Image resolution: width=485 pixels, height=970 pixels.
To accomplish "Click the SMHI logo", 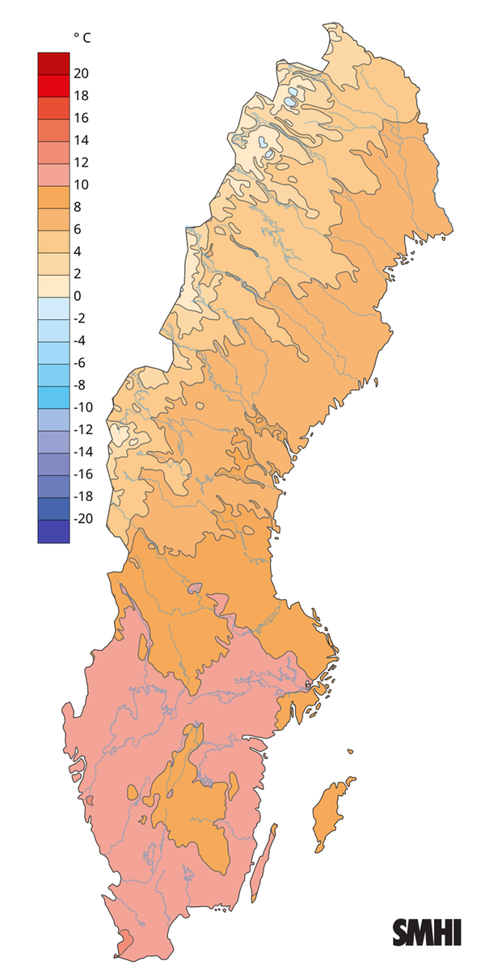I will coord(427,932).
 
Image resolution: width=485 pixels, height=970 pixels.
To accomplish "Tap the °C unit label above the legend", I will coord(82,37).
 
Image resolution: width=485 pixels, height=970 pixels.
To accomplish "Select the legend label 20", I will coord(81,74).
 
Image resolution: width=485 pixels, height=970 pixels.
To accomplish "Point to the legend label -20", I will coord(83,519).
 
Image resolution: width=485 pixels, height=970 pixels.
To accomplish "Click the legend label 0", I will coord(78,296).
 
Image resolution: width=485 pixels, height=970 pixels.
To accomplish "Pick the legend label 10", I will coord(81,184).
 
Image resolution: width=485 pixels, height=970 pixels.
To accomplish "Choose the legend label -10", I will coord(83,407).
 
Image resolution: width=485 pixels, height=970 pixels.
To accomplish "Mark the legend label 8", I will coord(78,207).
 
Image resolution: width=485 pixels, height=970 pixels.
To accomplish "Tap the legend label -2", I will coord(80,318).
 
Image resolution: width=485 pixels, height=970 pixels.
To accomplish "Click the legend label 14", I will coord(81,140).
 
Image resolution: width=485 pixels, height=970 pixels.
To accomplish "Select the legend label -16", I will coord(83,474).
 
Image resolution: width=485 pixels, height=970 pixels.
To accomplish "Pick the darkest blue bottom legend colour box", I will coord(53,531).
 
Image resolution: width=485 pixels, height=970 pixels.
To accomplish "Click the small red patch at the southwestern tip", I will coord(126,941).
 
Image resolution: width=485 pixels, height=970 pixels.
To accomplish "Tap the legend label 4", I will coord(78,251).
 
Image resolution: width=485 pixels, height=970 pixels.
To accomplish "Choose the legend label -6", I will coord(80,363).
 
